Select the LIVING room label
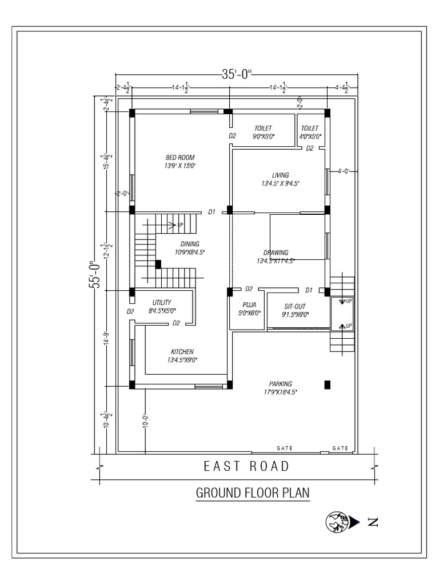(x=280, y=175)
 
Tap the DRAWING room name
(x=276, y=253)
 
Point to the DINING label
(x=190, y=244)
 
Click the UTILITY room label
(x=162, y=302)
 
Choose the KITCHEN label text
(x=182, y=351)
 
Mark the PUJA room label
(x=249, y=305)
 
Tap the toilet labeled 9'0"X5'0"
(x=264, y=129)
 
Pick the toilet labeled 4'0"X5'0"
(x=310, y=129)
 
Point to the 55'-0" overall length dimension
(x=95, y=275)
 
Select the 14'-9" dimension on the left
(x=106, y=342)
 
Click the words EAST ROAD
(x=246, y=466)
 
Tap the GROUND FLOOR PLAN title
(x=253, y=492)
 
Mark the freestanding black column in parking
(x=328, y=384)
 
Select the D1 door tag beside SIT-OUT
(x=309, y=289)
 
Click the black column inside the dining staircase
(x=158, y=264)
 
